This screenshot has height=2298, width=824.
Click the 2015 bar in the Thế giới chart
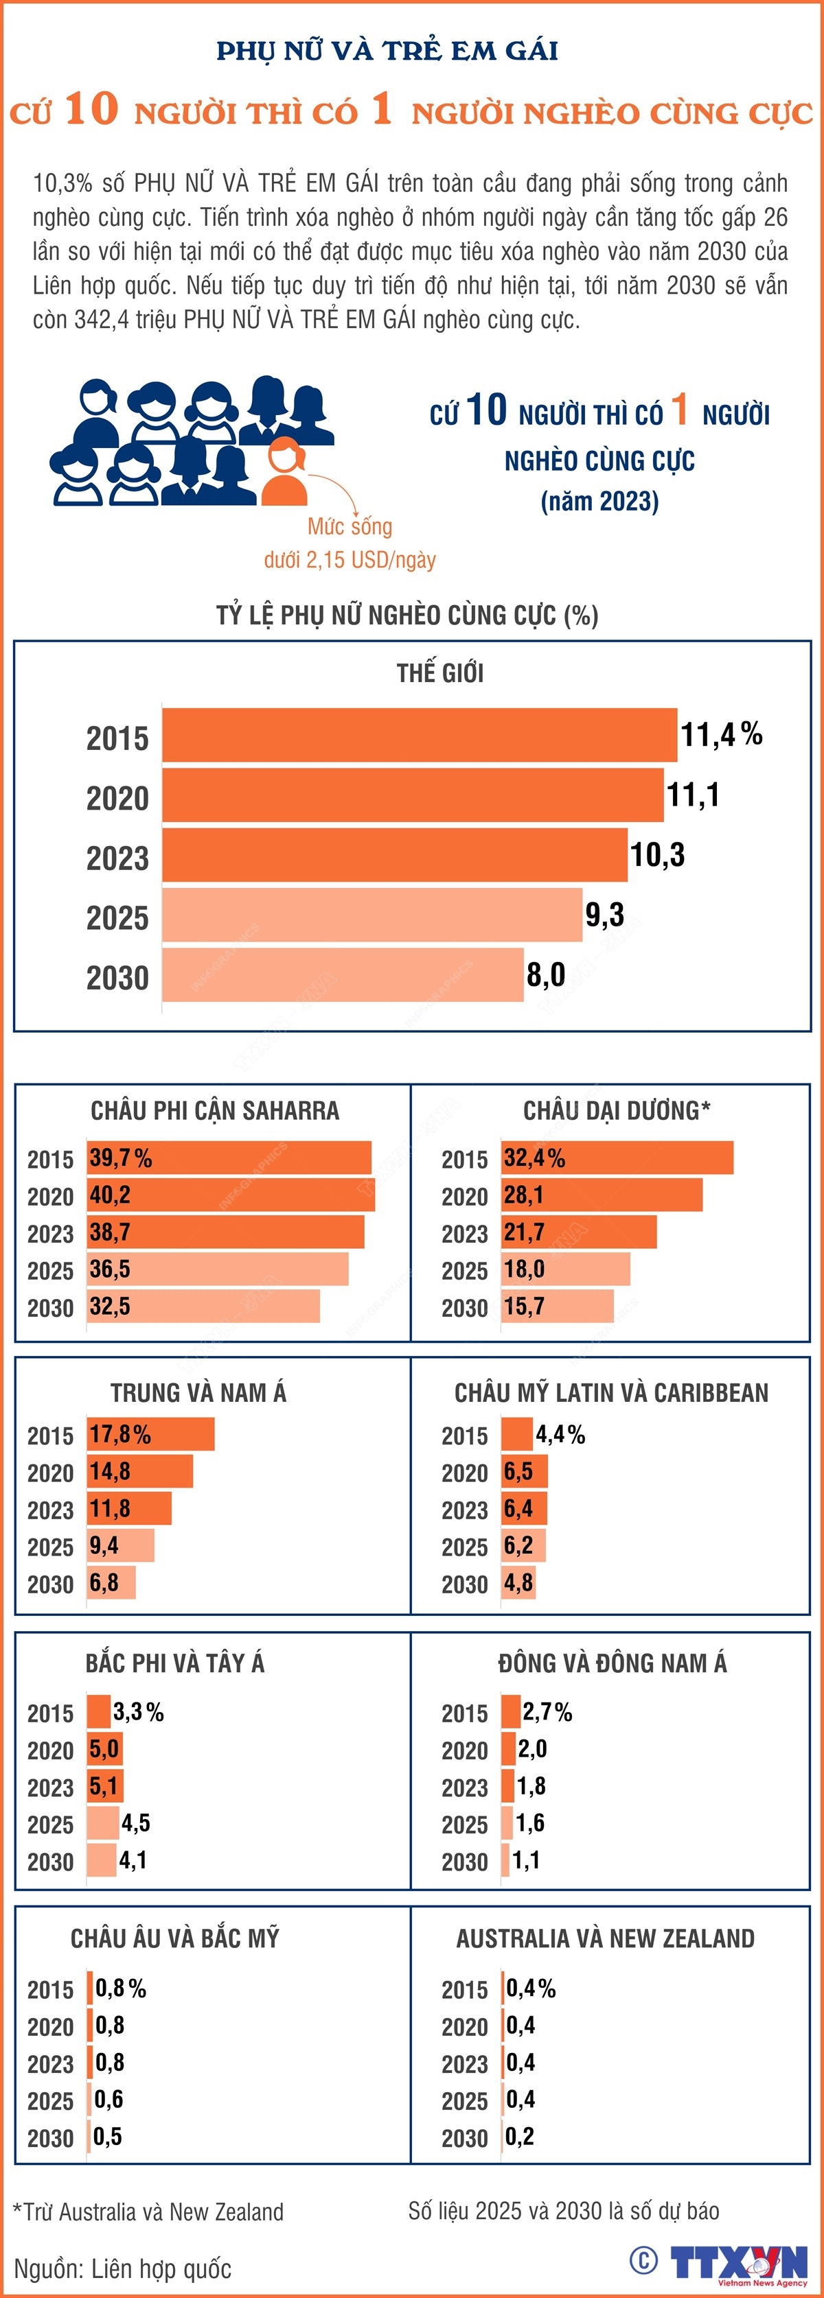click(419, 735)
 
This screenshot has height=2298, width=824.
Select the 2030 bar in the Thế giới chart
click(342, 975)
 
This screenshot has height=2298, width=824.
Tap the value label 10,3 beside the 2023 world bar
click(657, 854)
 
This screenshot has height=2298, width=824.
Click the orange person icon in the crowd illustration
click(284, 473)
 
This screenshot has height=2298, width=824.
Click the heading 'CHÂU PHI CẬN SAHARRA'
click(215, 1111)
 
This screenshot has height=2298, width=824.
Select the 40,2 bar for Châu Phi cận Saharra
click(230, 1195)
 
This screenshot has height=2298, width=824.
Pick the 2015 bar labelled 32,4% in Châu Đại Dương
click(617, 1158)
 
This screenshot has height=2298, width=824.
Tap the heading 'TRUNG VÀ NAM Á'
click(198, 1392)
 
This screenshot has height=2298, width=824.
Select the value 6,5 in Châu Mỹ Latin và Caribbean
click(518, 1472)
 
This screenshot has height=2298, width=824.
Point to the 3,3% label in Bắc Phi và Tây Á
click(139, 1712)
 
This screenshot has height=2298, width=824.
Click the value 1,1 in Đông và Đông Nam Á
click(527, 1860)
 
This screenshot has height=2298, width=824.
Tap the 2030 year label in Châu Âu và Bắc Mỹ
click(50, 2138)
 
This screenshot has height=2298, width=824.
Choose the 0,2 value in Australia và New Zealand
click(520, 2137)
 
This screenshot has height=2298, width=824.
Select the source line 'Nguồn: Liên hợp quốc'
click(122, 2268)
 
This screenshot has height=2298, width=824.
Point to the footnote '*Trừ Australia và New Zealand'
click(148, 2212)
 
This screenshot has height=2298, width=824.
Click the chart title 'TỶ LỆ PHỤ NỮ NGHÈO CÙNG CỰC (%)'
click(407, 615)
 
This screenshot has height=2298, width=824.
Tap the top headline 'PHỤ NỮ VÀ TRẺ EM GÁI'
click(387, 51)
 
